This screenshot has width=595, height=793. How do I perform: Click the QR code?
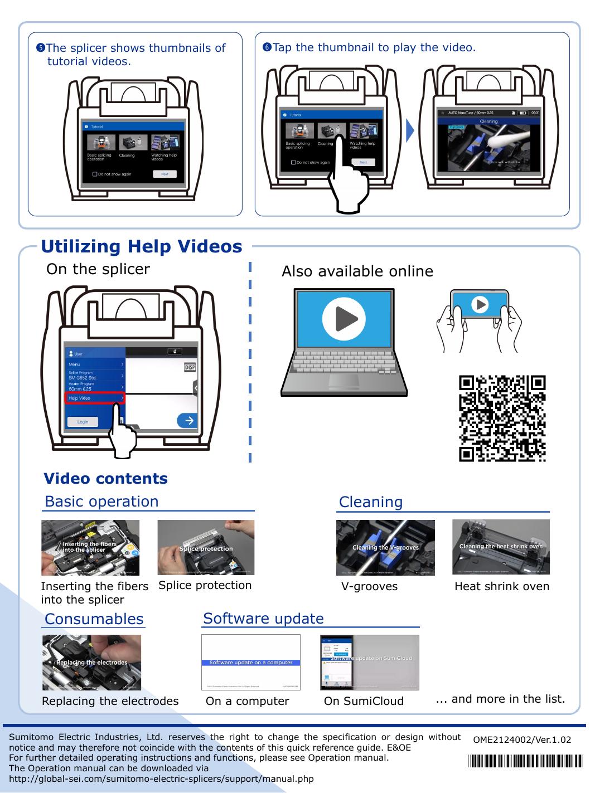click(x=502, y=419)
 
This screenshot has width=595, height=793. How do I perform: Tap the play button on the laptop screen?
click(x=340, y=318)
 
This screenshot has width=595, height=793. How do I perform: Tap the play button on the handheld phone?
click(x=480, y=304)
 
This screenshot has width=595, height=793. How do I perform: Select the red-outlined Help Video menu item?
click(x=95, y=398)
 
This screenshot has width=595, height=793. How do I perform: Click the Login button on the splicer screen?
click(x=83, y=421)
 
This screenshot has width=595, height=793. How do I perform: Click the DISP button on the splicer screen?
click(x=190, y=368)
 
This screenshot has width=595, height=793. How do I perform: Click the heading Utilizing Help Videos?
click(x=142, y=246)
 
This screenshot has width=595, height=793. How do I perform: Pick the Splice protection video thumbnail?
click(x=206, y=547)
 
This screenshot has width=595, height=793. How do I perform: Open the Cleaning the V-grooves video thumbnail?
click(x=385, y=547)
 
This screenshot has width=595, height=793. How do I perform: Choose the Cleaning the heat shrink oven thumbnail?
click(x=501, y=547)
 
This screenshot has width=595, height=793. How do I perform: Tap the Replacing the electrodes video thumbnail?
click(x=91, y=662)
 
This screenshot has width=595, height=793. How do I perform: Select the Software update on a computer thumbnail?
click(x=250, y=662)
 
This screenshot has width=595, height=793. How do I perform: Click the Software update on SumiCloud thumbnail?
click(x=369, y=662)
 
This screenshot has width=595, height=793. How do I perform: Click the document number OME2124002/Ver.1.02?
click(x=522, y=740)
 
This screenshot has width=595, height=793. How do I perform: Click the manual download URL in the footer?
click(x=162, y=779)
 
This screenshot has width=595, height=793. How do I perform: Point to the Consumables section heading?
click(x=94, y=619)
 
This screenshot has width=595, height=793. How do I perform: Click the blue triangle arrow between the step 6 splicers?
click(x=410, y=130)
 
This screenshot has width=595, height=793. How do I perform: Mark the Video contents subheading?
click(x=105, y=479)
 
